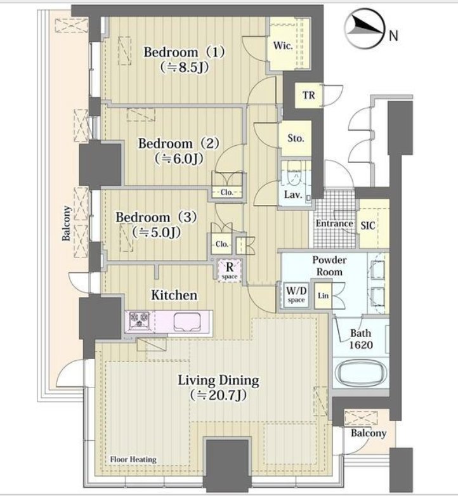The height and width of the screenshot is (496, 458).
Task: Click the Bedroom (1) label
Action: click(184, 52)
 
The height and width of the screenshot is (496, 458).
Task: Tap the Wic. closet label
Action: click(283, 45)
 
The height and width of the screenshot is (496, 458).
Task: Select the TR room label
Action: click(309, 95)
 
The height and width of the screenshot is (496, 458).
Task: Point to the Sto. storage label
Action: click(296, 138)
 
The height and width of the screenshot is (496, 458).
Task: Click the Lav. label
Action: click(293, 194)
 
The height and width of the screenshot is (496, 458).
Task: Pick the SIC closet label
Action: click(368, 226)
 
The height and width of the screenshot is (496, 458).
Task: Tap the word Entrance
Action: click(334, 223)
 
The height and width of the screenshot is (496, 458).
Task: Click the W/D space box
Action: click(296, 294)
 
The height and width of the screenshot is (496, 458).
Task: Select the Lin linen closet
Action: click(323, 296)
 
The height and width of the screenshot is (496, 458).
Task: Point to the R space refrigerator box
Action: click(230, 270)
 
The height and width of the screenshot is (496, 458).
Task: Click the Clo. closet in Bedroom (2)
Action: click(227, 192)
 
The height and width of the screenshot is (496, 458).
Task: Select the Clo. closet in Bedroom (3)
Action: click(221, 244)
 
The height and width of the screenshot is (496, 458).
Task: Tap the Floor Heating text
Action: click(133, 459)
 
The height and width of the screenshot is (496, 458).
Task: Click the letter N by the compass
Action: click(393, 36)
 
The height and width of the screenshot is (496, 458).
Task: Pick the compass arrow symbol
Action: click(365, 28)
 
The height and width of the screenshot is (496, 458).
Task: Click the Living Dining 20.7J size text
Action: click(218, 395)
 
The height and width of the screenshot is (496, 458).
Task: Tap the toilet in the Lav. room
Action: click(294, 175)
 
